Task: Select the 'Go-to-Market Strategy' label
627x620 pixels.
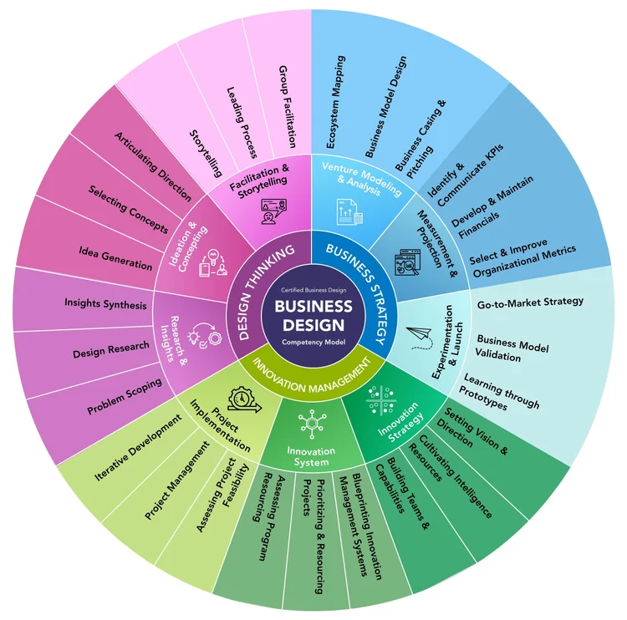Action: click(x=530, y=302)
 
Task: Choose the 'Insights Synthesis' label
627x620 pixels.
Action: click(x=105, y=303)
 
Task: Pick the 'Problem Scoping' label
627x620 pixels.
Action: click(x=124, y=399)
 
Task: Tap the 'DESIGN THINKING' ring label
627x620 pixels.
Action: click(x=266, y=292)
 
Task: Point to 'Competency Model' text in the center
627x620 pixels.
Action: click(x=313, y=343)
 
